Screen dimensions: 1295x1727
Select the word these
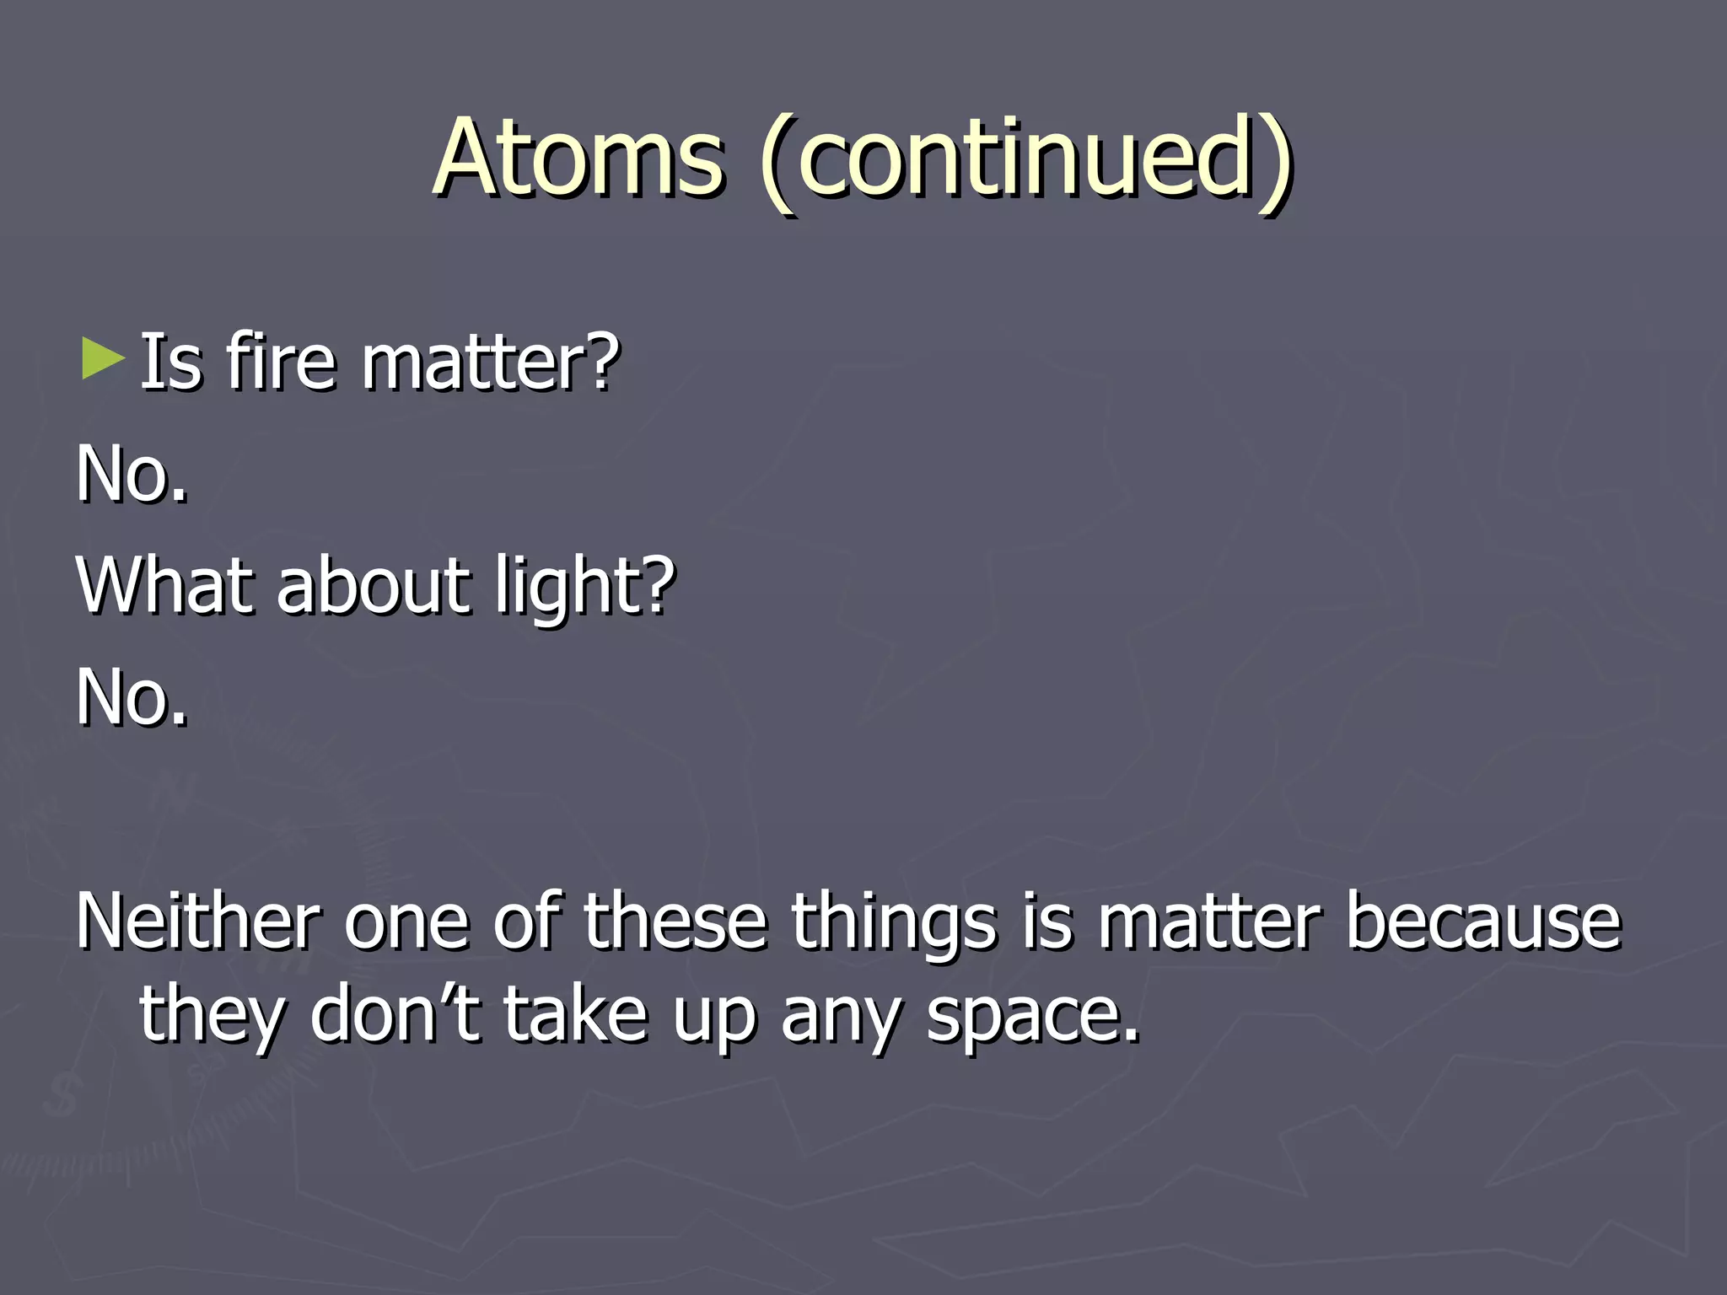click(675, 922)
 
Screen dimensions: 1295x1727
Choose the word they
click(212, 1016)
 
